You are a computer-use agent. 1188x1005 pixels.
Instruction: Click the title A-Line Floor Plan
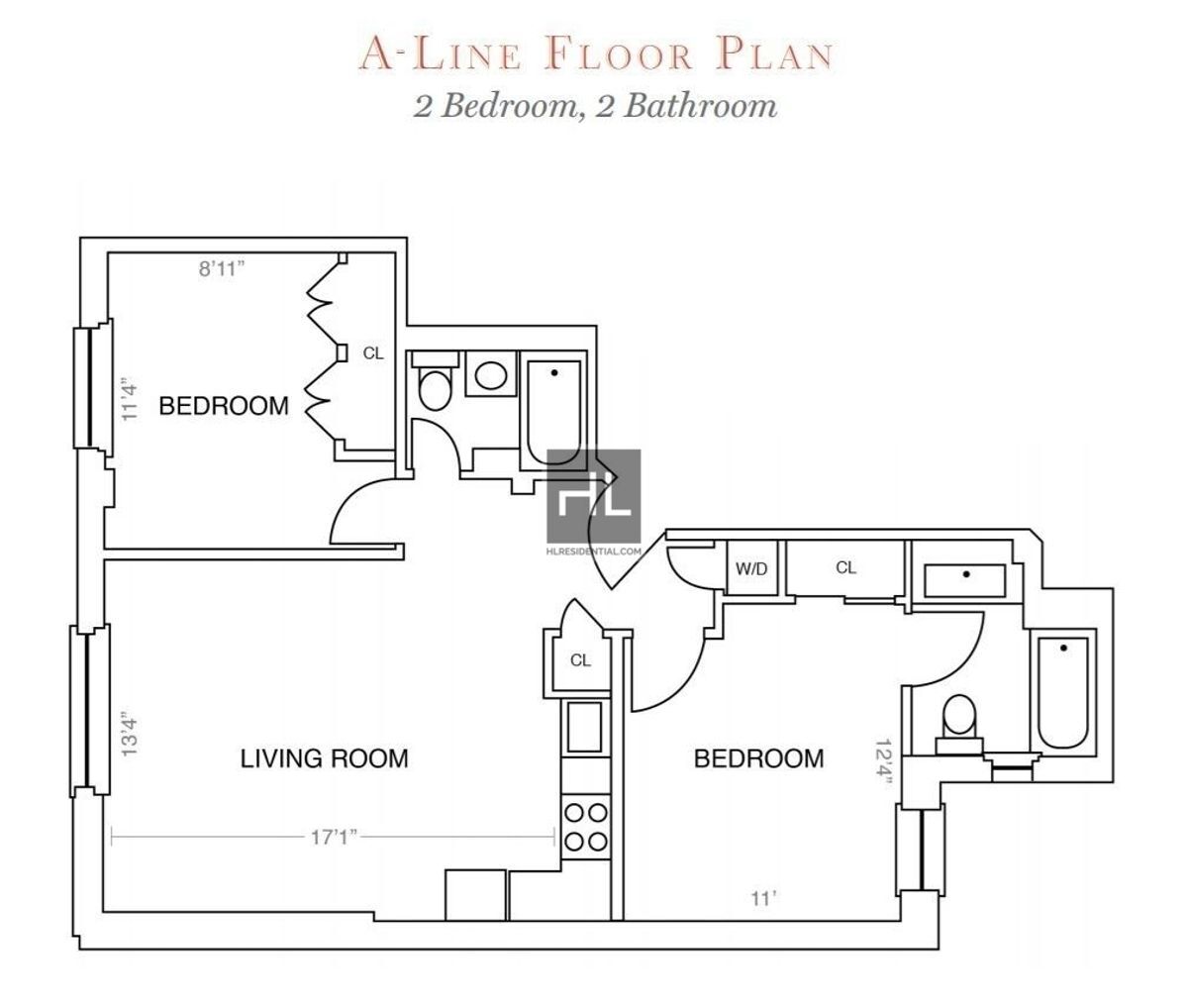(594, 54)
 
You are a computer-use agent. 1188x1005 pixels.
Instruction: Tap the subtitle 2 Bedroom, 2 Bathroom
(594, 105)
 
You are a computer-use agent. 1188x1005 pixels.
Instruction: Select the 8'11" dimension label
(222, 269)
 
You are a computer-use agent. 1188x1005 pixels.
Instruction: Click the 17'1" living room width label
(333, 838)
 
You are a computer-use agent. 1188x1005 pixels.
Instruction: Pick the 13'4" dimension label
(125, 734)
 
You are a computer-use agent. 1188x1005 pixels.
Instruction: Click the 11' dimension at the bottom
(763, 899)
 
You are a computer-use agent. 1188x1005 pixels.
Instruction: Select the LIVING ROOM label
(325, 758)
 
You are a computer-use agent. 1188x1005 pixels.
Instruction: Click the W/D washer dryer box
(750, 569)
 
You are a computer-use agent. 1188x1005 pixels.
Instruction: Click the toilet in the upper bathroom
(433, 387)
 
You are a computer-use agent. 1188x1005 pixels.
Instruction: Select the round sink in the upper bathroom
(490, 375)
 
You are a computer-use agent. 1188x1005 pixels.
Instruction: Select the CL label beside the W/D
(845, 567)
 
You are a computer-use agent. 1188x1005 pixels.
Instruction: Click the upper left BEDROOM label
(225, 405)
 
